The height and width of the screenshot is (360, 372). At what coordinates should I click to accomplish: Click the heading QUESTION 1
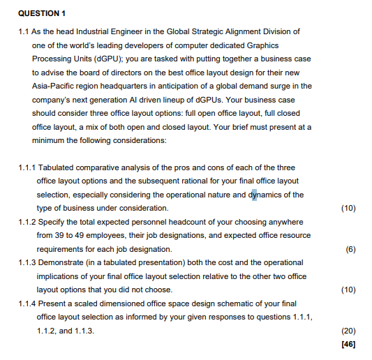point(42,13)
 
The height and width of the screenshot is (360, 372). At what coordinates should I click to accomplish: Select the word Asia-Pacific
point(57,86)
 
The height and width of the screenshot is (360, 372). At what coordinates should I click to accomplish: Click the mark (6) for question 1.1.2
point(350,249)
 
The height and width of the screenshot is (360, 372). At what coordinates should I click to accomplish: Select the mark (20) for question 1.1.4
point(348,331)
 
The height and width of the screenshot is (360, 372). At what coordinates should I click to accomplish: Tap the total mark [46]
point(348,345)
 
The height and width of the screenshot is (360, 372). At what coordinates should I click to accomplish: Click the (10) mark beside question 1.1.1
point(348,208)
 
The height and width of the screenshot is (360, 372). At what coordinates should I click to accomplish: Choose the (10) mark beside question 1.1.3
point(348,290)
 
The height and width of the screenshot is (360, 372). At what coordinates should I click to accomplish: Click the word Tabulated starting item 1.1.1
point(59,167)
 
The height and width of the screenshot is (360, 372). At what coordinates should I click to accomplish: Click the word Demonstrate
point(66,263)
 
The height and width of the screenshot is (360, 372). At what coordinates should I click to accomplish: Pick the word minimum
point(48,140)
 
